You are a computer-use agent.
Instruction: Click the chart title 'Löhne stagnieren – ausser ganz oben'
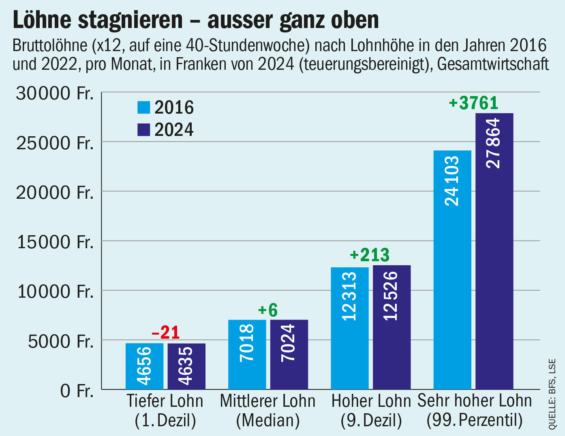(196, 20)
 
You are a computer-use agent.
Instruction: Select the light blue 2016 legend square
(144, 107)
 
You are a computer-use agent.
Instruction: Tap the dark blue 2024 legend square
(144, 129)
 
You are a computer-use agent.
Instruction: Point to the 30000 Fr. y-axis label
(55, 93)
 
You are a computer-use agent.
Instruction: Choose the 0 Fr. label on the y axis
(77, 391)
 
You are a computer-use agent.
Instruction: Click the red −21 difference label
(165, 333)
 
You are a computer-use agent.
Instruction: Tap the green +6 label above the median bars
(268, 310)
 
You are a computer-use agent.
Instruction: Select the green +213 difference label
(370, 255)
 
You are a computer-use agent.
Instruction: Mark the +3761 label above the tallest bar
(473, 103)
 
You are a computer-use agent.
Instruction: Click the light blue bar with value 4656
(144, 366)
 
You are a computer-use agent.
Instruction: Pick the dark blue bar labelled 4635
(186, 366)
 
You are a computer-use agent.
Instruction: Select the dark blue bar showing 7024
(289, 354)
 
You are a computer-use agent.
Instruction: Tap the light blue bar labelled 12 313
(350, 328)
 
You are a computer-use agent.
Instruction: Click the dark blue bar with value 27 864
(494, 251)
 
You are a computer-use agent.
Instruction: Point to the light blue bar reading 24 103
(452, 270)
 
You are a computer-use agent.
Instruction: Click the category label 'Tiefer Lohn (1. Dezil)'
(165, 410)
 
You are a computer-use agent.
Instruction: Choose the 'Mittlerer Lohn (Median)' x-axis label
(268, 410)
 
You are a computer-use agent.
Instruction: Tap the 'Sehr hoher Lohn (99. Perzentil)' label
(475, 410)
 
